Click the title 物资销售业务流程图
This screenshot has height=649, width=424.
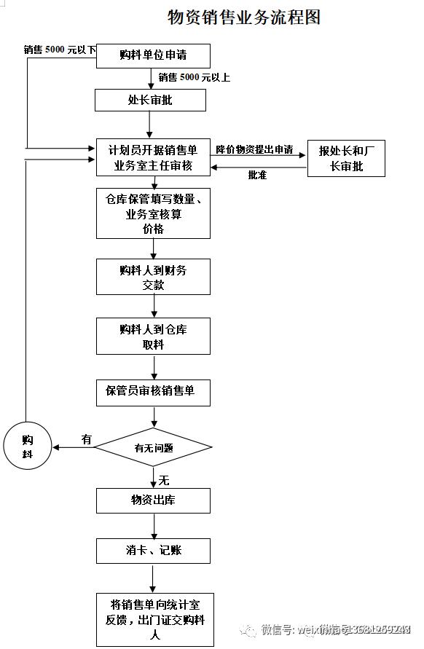coord(243,17)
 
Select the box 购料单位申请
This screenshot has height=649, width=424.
coord(153,56)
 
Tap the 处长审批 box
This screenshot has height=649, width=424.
coord(150,100)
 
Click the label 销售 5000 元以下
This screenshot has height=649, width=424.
coord(60,50)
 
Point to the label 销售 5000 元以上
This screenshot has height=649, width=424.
coord(194,77)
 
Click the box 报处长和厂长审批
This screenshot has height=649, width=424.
coord(346,158)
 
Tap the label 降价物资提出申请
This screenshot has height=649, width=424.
coord(254,149)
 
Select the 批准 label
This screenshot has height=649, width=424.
coord(257,175)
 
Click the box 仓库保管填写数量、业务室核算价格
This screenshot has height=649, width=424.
coord(153,213)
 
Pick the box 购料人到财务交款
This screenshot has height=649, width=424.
coord(153,278)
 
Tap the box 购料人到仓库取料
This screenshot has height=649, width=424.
coord(153,336)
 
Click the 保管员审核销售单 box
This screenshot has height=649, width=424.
coord(153,392)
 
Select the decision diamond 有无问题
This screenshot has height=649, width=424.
coord(153,447)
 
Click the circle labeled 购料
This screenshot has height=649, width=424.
coord(27,447)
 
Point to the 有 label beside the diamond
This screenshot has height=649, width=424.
coord(87,439)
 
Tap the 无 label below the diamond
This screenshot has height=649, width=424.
coord(164,480)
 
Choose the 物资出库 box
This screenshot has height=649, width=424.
coord(153,500)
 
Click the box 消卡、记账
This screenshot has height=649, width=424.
coord(153,551)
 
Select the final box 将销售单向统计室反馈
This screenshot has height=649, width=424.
coord(153,619)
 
